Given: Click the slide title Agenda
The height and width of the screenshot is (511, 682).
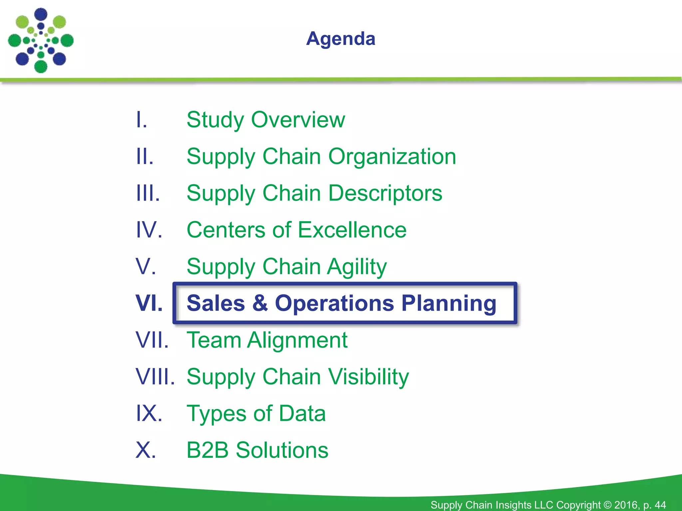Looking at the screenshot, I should (x=341, y=39).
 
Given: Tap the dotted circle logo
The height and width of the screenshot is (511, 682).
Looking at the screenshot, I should (x=41, y=41).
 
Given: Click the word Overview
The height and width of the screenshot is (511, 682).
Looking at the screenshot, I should (x=298, y=120).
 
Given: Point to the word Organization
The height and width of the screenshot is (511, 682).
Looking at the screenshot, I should (x=392, y=157).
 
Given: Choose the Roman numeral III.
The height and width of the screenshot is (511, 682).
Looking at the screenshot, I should (x=148, y=193).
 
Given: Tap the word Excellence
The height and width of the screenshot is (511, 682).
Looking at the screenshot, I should (x=352, y=230).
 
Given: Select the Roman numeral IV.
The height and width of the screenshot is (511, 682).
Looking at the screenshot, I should (x=149, y=230).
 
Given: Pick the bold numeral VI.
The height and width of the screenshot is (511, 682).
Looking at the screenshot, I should (x=149, y=303).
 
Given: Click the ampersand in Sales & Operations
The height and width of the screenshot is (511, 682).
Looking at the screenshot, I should (x=260, y=303).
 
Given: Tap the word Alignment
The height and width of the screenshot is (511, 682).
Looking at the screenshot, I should (x=297, y=340).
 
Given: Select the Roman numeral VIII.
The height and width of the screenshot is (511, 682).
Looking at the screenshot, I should (x=155, y=377).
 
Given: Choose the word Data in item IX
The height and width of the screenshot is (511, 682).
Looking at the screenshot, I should (x=302, y=414).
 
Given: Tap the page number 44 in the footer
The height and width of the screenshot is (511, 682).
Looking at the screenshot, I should (x=660, y=505).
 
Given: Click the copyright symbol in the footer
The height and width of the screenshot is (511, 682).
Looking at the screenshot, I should (x=607, y=505).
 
